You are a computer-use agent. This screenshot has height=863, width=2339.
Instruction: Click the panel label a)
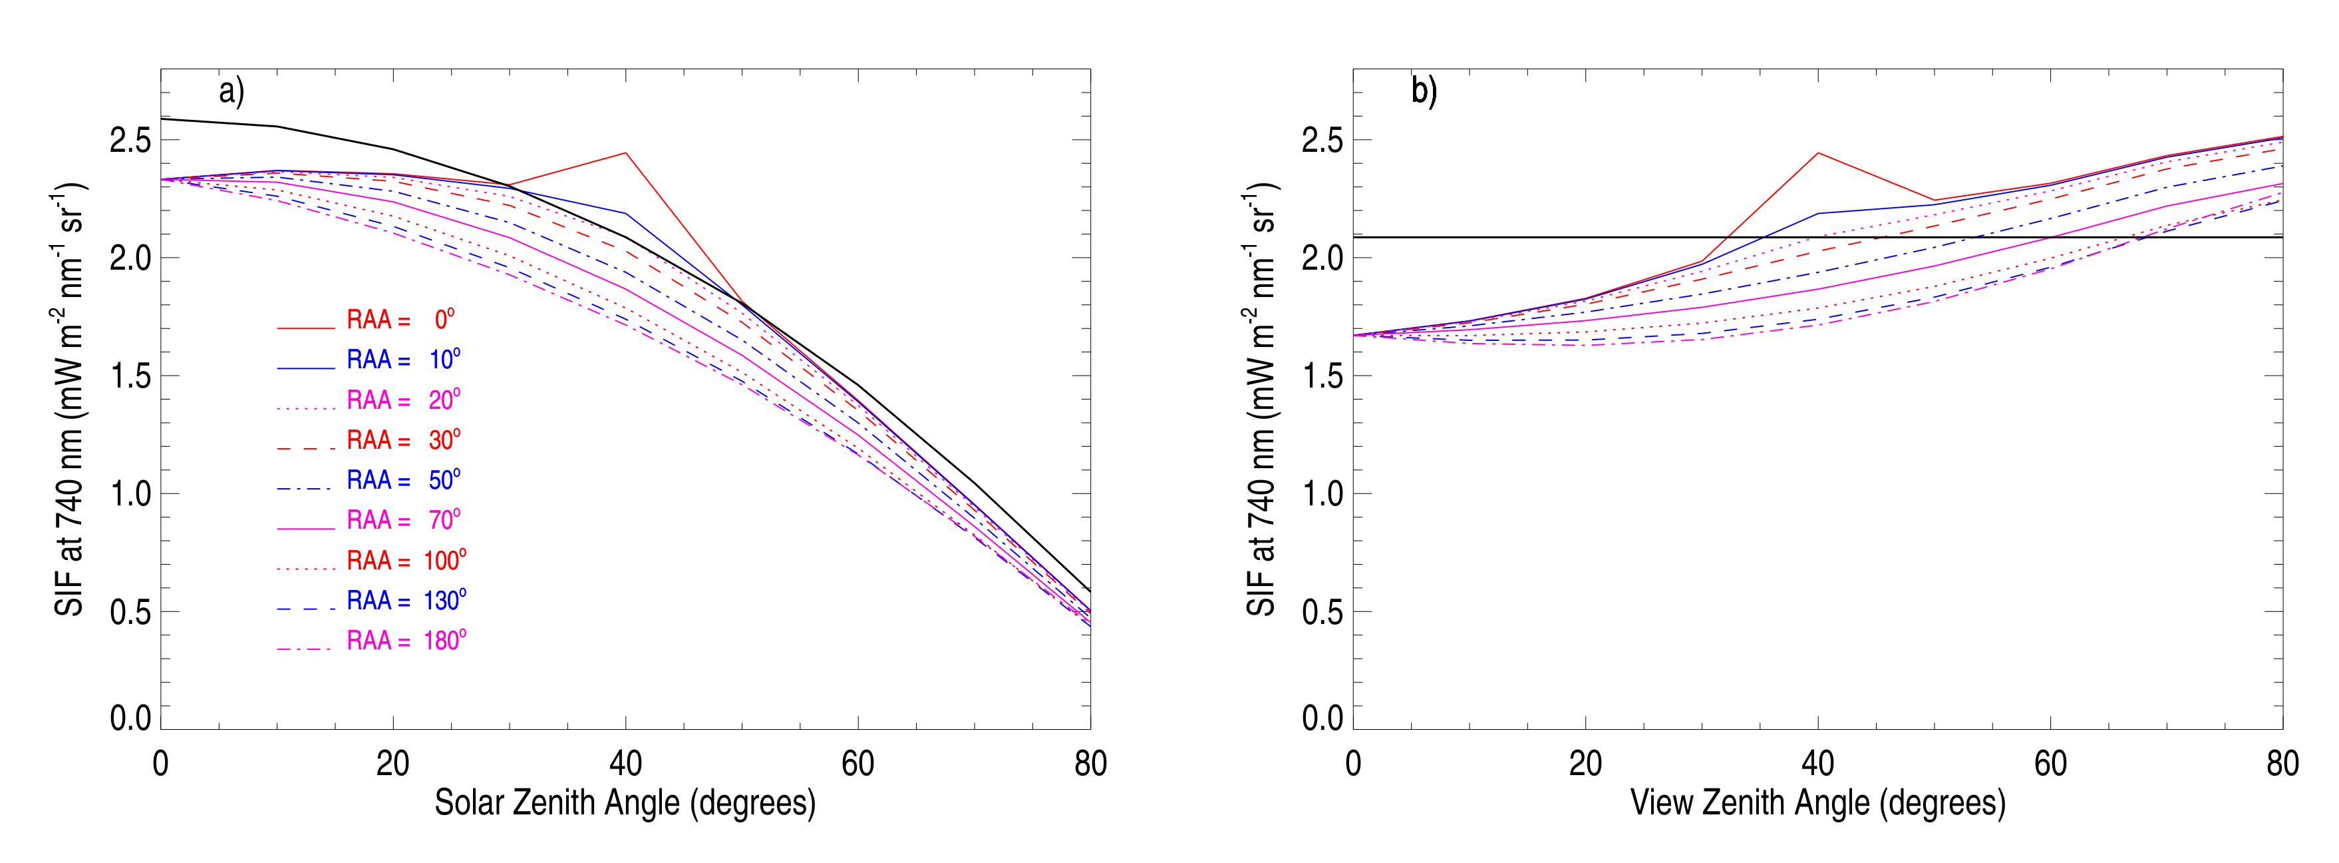(x=232, y=92)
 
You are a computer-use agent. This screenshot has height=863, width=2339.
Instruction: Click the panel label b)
(x=1424, y=92)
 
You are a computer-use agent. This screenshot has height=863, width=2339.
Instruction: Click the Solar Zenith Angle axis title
(x=625, y=803)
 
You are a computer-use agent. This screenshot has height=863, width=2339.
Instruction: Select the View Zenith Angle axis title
(x=1818, y=803)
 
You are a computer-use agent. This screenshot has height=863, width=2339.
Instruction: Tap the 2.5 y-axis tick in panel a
(x=130, y=141)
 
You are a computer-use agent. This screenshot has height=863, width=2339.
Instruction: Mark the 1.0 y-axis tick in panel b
(x=1322, y=494)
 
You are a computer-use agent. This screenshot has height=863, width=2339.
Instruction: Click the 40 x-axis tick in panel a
(x=625, y=764)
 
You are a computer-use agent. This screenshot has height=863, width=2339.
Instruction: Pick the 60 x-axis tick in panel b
(x=2050, y=764)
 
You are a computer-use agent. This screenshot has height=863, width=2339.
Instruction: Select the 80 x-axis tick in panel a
(x=1090, y=764)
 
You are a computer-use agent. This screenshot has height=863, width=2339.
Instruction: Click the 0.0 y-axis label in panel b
(x=1322, y=719)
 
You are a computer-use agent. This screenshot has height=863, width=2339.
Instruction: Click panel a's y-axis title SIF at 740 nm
(x=71, y=400)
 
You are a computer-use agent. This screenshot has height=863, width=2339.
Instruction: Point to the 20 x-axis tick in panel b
(x=1585, y=764)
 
